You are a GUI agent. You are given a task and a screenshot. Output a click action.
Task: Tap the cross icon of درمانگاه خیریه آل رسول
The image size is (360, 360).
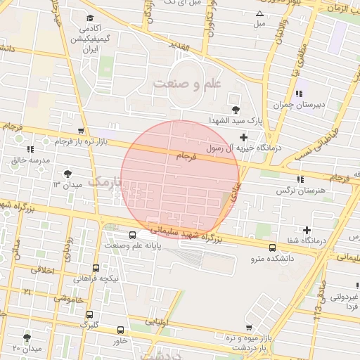tap(244, 137)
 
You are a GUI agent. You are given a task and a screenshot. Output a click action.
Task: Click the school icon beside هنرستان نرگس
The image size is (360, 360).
tap(301, 179)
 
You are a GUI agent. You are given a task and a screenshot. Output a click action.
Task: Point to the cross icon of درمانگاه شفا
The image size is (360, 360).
tap(307, 230)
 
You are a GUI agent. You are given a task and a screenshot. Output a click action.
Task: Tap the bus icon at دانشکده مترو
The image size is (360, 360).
tap(273, 247)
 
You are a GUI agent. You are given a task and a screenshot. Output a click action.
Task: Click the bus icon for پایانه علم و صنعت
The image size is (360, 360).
tap(133, 236)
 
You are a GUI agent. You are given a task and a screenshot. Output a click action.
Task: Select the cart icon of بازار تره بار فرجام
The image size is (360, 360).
tap(82, 131)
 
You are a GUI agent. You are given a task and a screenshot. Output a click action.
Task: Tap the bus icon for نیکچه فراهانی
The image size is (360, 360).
tap(96, 268)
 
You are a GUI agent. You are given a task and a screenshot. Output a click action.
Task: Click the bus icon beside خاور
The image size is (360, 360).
tap(120, 330)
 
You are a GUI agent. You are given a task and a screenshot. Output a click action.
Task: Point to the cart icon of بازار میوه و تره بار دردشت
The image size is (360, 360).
tap(249, 327)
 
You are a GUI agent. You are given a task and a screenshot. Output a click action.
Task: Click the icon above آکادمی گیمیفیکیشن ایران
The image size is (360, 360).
tap(89, 18)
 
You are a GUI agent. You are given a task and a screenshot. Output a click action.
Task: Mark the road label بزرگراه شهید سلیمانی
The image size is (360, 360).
tap(186, 233)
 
